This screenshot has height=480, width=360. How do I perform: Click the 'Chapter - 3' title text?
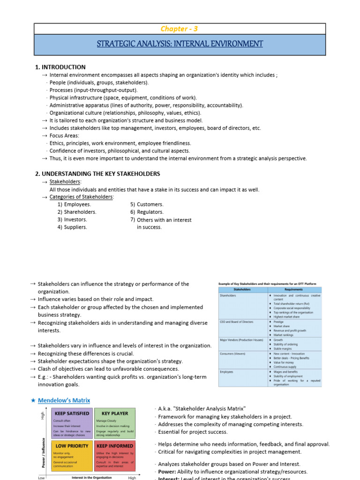point(179,29)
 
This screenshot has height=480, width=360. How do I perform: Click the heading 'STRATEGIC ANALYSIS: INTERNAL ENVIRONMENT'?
point(180,44)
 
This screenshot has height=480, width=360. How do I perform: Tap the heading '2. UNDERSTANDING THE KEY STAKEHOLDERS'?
point(101,174)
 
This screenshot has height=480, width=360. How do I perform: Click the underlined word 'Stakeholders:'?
point(65,182)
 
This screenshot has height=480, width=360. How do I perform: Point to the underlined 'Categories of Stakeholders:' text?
point(81,197)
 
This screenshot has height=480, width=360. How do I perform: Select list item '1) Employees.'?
point(75,204)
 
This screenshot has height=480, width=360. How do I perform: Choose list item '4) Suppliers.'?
point(72,227)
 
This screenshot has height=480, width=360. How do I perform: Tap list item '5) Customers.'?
point(147,204)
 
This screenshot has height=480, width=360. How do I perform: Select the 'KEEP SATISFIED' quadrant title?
point(72,414)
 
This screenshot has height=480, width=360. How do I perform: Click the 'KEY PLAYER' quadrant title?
point(114,414)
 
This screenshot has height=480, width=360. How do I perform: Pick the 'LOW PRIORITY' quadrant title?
point(72,446)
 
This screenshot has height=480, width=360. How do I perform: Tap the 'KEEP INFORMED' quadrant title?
point(115,446)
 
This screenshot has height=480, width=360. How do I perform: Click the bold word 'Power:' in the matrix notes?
point(166,472)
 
